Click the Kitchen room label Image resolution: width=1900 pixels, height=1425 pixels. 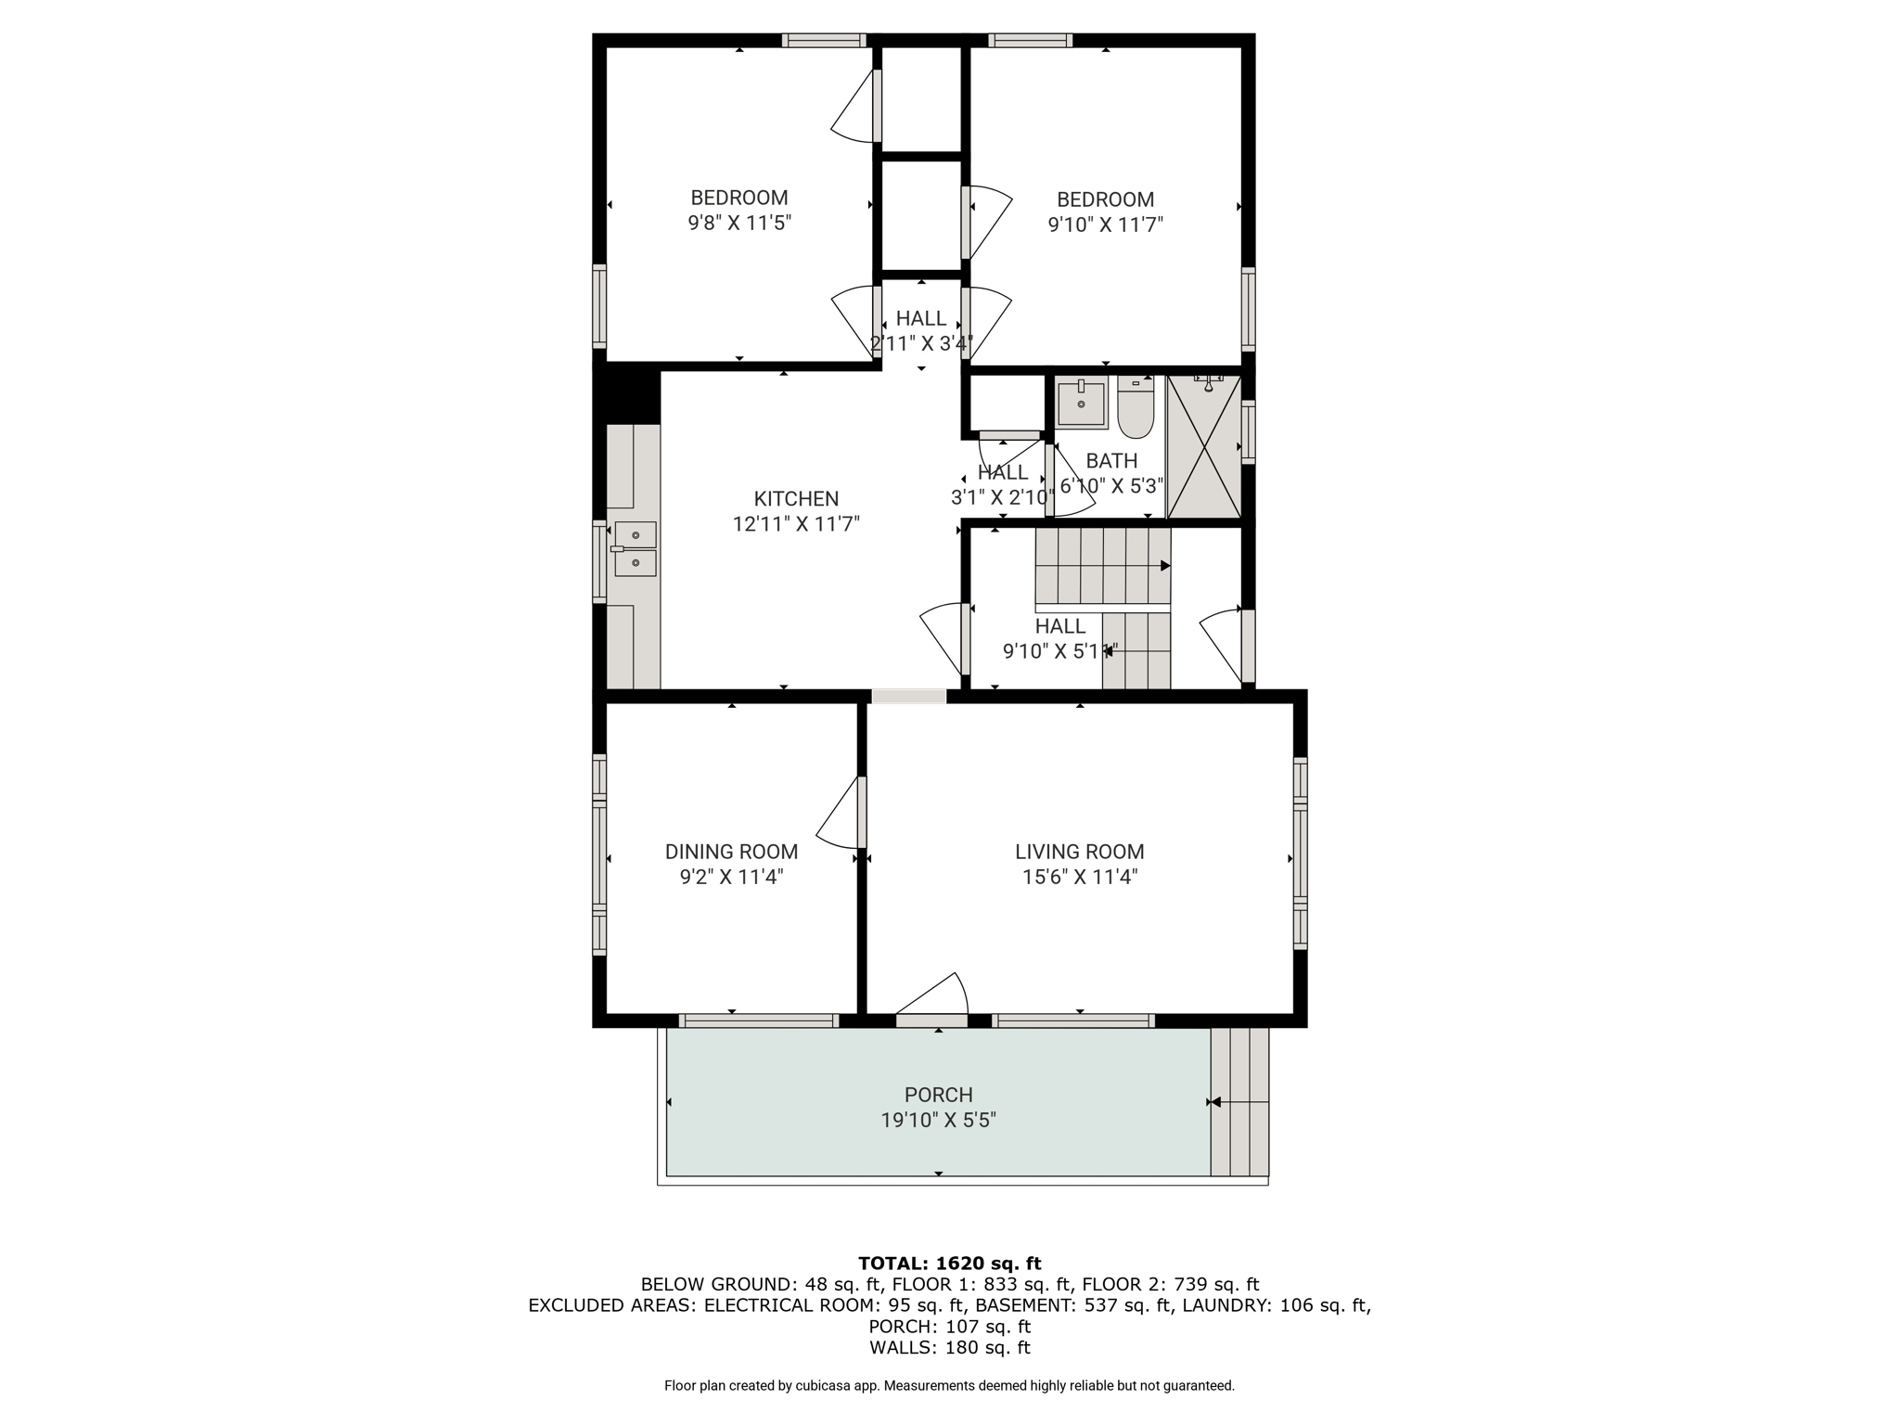796,498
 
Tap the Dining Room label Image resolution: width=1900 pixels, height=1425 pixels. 731,852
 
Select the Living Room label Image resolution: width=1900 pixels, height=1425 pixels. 1079,852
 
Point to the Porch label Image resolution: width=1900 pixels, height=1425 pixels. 938,1095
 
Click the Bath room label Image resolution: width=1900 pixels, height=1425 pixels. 1111,461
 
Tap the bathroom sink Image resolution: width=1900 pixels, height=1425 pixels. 1082,403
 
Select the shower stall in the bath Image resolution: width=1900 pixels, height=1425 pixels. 1203,446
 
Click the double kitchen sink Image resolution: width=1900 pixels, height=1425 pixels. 635,548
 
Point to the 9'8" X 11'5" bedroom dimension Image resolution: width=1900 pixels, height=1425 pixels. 739,223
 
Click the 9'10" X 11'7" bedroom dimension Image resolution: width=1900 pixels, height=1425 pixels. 1105,225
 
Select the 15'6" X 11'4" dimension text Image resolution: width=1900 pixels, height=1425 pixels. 1080,877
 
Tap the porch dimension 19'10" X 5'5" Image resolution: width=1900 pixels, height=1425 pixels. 938,1120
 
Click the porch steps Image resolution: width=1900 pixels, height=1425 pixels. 1239,1102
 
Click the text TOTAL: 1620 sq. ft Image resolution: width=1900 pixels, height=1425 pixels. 950,1263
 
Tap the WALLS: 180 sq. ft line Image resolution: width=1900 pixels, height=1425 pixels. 950,1348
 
